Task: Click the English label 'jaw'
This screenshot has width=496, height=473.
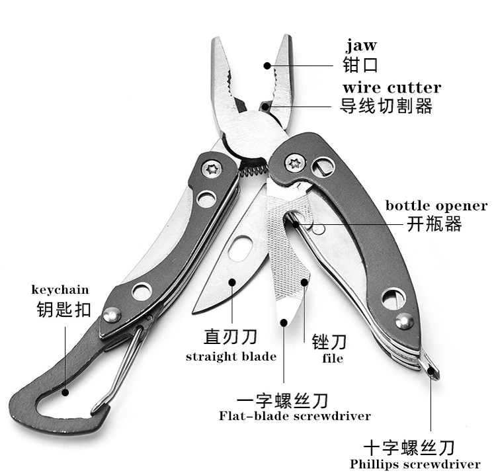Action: (x=361, y=46)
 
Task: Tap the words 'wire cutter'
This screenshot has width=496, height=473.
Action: (x=392, y=88)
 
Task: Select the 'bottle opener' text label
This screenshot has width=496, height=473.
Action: (x=436, y=206)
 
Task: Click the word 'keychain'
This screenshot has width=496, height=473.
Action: (x=60, y=290)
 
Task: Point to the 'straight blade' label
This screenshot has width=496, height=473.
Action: (x=231, y=357)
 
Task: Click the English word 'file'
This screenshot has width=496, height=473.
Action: (x=333, y=358)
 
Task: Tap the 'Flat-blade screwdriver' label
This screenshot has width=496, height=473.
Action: (x=295, y=415)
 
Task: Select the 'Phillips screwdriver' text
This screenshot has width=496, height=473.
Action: (x=415, y=464)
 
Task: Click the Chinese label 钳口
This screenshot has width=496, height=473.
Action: (x=360, y=65)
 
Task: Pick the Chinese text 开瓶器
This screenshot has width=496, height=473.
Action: (x=434, y=224)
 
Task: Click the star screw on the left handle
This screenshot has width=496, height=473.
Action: (x=212, y=169)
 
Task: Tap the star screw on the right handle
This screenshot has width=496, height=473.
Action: (x=295, y=163)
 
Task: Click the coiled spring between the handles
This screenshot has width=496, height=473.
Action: (x=254, y=171)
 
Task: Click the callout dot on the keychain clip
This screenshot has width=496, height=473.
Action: (x=65, y=393)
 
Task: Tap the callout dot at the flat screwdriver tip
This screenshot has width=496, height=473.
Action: (x=284, y=322)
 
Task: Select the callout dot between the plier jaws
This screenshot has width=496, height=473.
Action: (x=267, y=65)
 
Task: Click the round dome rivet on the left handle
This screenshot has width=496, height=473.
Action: (x=112, y=315)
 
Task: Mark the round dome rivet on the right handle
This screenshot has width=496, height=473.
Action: (x=404, y=322)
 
